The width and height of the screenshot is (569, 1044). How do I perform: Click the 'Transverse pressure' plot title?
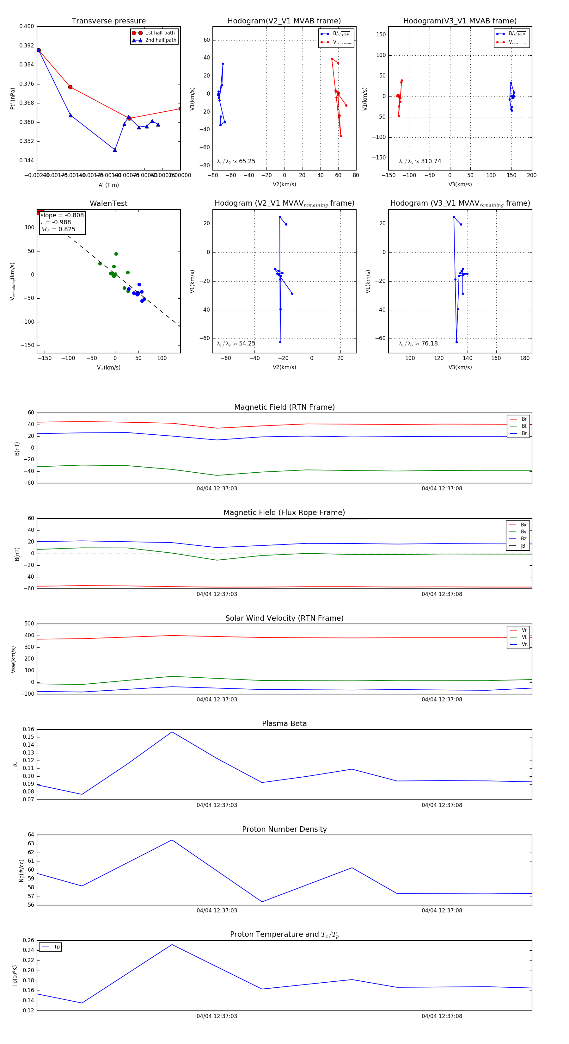108,21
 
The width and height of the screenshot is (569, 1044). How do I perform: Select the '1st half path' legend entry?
160,33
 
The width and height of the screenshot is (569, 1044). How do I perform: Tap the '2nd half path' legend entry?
160,40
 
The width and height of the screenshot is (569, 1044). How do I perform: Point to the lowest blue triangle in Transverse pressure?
115,150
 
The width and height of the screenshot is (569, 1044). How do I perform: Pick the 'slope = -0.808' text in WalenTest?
62,215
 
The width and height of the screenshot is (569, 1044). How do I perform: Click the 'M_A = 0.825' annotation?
58,229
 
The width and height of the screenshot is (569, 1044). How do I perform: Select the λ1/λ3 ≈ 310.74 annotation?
420,161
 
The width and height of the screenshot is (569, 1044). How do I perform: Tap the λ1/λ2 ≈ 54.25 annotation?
236,344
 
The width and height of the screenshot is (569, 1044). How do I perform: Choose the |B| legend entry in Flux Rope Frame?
523,546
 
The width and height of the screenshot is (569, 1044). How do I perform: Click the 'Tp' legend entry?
56,947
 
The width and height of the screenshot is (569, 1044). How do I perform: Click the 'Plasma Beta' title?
284,724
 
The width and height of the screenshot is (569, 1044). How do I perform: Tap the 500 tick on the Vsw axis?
29,624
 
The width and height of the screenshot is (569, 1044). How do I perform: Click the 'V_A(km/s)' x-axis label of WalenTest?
108,368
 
